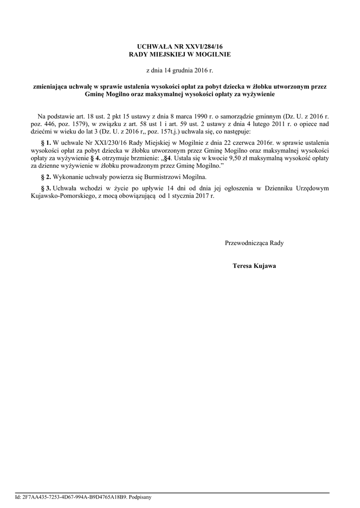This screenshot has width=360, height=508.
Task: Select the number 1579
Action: click(x=78, y=124)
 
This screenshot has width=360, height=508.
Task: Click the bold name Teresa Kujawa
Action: click(x=254, y=266)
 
